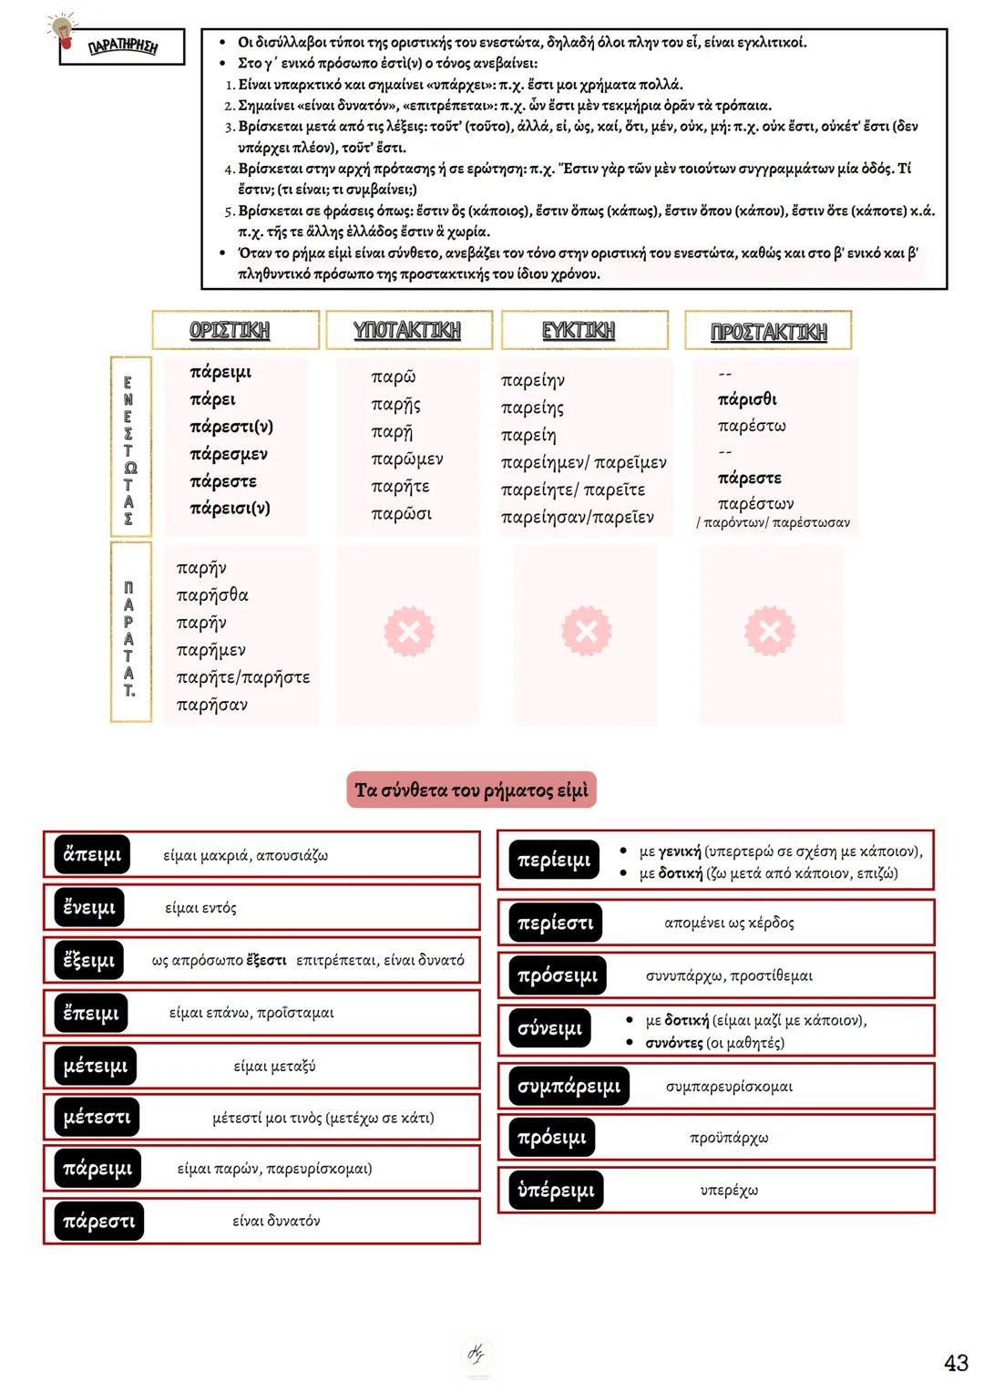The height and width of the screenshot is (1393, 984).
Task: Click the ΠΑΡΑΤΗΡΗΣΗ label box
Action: (122, 47)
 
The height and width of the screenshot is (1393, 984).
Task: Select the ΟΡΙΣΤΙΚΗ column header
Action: (230, 330)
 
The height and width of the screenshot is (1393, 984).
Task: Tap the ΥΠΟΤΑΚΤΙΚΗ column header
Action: (407, 330)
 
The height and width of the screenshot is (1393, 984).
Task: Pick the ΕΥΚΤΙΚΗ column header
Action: (579, 330)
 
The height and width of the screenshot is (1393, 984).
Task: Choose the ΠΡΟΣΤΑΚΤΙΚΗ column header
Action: (768, 332)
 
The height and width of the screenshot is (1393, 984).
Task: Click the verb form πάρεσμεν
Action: (229, 454)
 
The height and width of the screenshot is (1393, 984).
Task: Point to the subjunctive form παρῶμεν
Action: (407, 459)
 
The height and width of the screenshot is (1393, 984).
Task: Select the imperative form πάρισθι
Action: (747, 399)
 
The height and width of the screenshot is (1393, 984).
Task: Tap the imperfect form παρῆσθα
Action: (212, 595)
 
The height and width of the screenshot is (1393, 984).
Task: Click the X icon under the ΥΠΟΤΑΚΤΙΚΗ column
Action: (409, 631)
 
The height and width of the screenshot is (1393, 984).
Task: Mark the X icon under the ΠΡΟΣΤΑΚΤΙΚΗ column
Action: (770, 631)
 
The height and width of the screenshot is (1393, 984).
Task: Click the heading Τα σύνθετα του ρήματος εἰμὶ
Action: (471, 790)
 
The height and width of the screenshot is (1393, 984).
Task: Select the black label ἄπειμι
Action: (92, 855)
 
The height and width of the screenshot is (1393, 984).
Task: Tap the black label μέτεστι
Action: (97, 1118)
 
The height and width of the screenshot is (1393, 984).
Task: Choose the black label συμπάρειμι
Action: (569, 1086)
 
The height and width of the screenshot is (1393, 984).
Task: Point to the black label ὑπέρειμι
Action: (556, 1190)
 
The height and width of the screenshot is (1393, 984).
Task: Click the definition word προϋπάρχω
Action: (729, 1138)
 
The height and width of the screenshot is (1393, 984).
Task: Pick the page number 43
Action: (956, 1363)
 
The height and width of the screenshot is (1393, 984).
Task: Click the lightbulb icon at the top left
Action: (63, 31)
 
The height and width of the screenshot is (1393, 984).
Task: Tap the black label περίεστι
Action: (555, 923)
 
